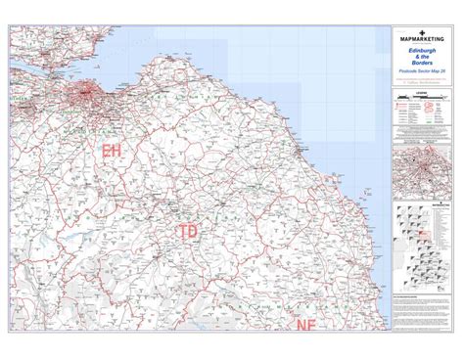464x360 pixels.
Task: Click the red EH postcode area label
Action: [x=110, y=150]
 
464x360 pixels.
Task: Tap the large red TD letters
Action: [x=190, y=232]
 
